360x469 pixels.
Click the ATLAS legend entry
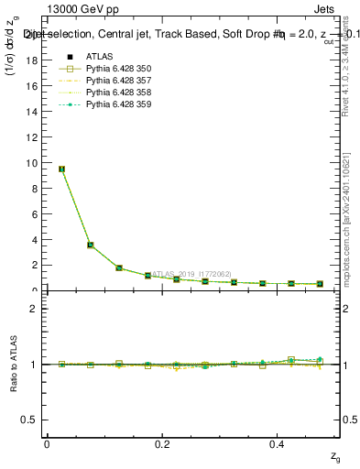(99, 57)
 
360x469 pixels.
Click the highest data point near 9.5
(61, 169)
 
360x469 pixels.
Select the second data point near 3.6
(90, 245)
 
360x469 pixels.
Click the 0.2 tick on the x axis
(162, 443)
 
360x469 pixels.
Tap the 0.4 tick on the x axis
(278, 443)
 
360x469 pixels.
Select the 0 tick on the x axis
(47, 443)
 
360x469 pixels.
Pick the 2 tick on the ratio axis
(34, 309)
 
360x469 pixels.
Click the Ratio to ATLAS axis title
(12, 364)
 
